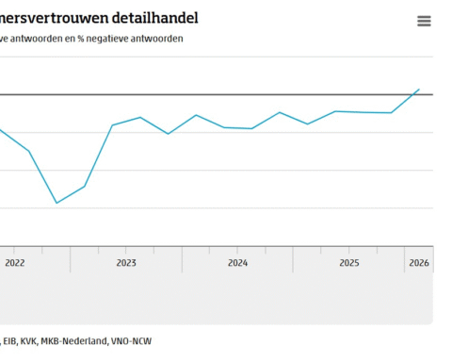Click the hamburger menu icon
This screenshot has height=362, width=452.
tap(424, 21)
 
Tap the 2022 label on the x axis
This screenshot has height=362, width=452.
tap(15, 263)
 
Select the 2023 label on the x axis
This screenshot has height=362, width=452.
tap(126, 263)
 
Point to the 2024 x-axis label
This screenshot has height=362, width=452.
tap(237, 263)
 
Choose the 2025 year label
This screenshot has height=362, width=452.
tap(348, 263)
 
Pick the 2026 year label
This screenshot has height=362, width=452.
tap(419, 263)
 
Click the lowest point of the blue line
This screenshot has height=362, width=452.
tap(56, 203)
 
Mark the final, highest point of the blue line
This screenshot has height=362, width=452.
tap(419, 90)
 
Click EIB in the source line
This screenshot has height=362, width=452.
tap(10, 340)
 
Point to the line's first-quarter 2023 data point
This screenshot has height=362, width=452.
tap(112, 124)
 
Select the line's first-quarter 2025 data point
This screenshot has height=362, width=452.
tap(335, 111)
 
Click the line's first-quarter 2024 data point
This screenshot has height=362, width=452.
tap(224, 127)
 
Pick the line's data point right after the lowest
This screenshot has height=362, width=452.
tap(85, 186)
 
